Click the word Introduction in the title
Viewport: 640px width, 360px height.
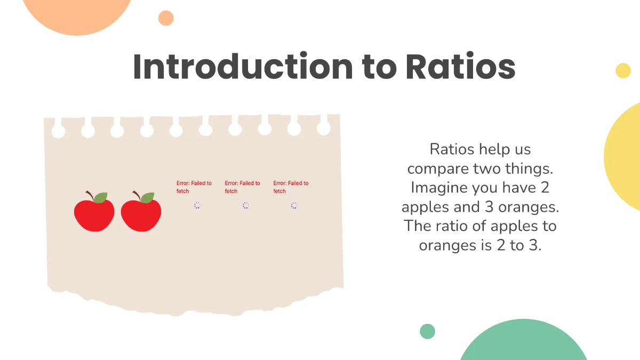[242, 67]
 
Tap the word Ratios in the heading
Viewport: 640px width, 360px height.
[460, 67]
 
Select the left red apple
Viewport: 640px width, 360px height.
[94, 215]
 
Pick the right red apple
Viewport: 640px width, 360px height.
[141, 215]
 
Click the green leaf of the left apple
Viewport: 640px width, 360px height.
[100, 197]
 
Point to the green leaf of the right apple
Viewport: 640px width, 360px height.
[147, 197]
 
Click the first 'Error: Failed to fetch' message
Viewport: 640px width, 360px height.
[194, 187]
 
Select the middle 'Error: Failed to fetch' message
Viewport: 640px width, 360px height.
[243, 187]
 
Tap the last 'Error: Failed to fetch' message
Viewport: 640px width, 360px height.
[291, 187]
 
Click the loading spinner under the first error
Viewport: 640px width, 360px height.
[197, 205]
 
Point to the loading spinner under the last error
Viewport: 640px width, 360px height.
[294, 205]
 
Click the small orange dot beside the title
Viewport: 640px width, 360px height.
[166, 18]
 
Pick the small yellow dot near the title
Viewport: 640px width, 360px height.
[623, 70]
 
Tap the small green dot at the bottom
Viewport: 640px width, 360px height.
[427, 331]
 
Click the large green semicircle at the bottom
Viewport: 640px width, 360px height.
[523, 344]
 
